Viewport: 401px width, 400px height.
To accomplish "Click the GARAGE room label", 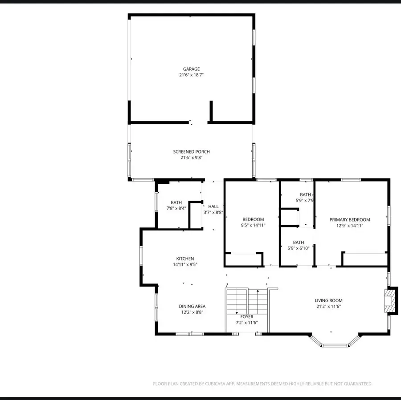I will click(191, 69).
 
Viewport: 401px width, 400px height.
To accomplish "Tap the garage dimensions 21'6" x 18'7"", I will click(191, 75).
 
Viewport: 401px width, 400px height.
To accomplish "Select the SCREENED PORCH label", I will click(191, 152).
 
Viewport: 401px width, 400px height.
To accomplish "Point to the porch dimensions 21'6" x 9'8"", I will click(191, 158).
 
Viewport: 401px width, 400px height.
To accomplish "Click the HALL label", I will click(213, 206).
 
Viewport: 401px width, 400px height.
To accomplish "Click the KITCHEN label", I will click(185, 259).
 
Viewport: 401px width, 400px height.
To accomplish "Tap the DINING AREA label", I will click(192, 306).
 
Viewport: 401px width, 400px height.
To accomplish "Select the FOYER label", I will click(247, 317).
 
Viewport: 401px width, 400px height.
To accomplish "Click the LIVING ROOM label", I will click(328, 300).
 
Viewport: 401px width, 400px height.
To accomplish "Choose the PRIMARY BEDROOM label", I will click(349, 219).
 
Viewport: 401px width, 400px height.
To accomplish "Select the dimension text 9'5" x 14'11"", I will click(253, 226).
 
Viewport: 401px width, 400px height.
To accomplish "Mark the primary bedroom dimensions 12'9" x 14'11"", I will click(349, 226).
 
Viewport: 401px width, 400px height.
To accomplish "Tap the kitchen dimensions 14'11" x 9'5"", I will click(185, 265).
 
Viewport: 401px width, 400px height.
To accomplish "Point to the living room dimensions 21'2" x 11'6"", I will click(328, 307).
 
